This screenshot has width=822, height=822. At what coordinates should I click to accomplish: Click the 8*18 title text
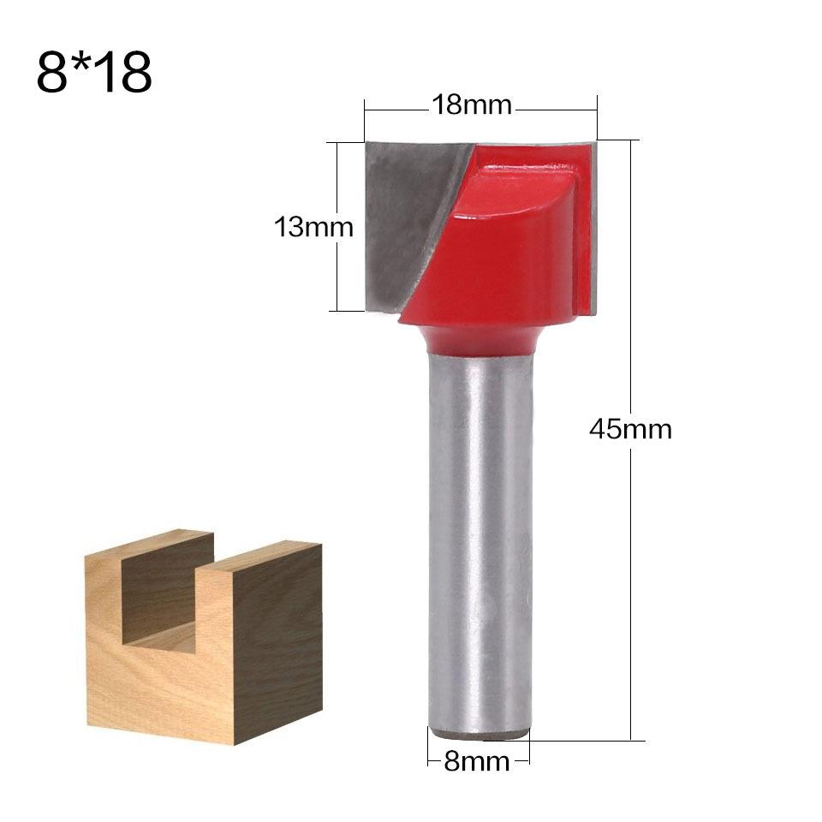[x=94, y=74]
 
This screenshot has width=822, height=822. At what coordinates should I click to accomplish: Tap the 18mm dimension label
[x=471, y=105]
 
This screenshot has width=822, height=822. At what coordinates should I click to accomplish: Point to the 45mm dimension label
[x=630, y=428]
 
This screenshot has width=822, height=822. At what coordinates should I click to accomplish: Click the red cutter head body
[x=505, y=257]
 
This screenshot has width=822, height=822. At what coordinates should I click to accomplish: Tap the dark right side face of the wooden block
[x=278, y=642]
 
